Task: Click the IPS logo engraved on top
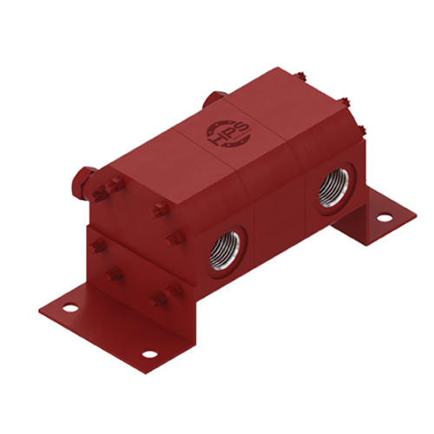point(222,130)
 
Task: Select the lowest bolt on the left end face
point(158,299)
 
